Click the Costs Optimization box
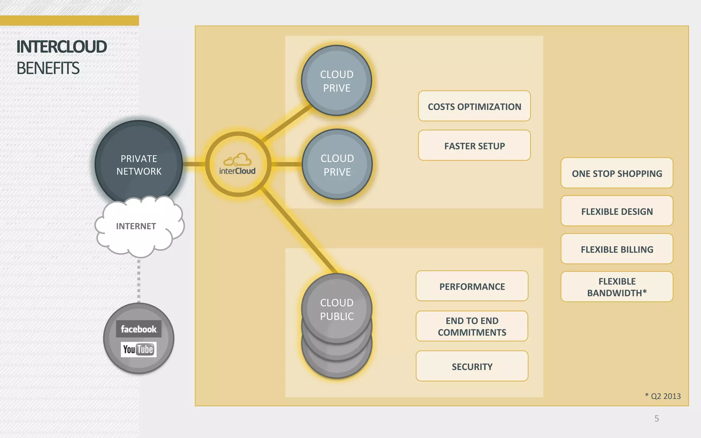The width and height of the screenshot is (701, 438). pos(474,106)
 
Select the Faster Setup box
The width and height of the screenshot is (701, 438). pos(474,145)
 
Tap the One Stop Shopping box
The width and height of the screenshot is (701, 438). pos(616,173)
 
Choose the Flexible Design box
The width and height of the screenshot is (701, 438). pos(616,211)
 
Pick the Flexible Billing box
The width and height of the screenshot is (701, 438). pos(616,249)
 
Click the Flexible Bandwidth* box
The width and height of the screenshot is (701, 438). pos(616,287)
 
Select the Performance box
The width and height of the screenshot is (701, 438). pos(472,286)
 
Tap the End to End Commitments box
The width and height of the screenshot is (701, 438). pos(472,326)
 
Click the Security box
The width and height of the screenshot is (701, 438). pos(472,366)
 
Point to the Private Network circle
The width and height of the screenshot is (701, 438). pos(139,164)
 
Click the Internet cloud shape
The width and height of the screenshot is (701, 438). pos(136,226)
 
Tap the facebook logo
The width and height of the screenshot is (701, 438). pos(139,329)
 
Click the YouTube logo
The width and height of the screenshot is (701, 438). pos(139,349)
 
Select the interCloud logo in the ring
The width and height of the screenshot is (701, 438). pos(238,165)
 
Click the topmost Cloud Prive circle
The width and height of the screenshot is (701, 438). pos(336,81)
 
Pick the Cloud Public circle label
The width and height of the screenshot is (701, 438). pos(337,309)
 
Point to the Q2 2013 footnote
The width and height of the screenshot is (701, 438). pos(663,396)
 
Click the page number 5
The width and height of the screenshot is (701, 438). pos(657,418)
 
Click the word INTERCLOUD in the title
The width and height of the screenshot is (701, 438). pos(62,47)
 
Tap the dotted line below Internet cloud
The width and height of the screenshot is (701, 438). pos(139,281)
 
